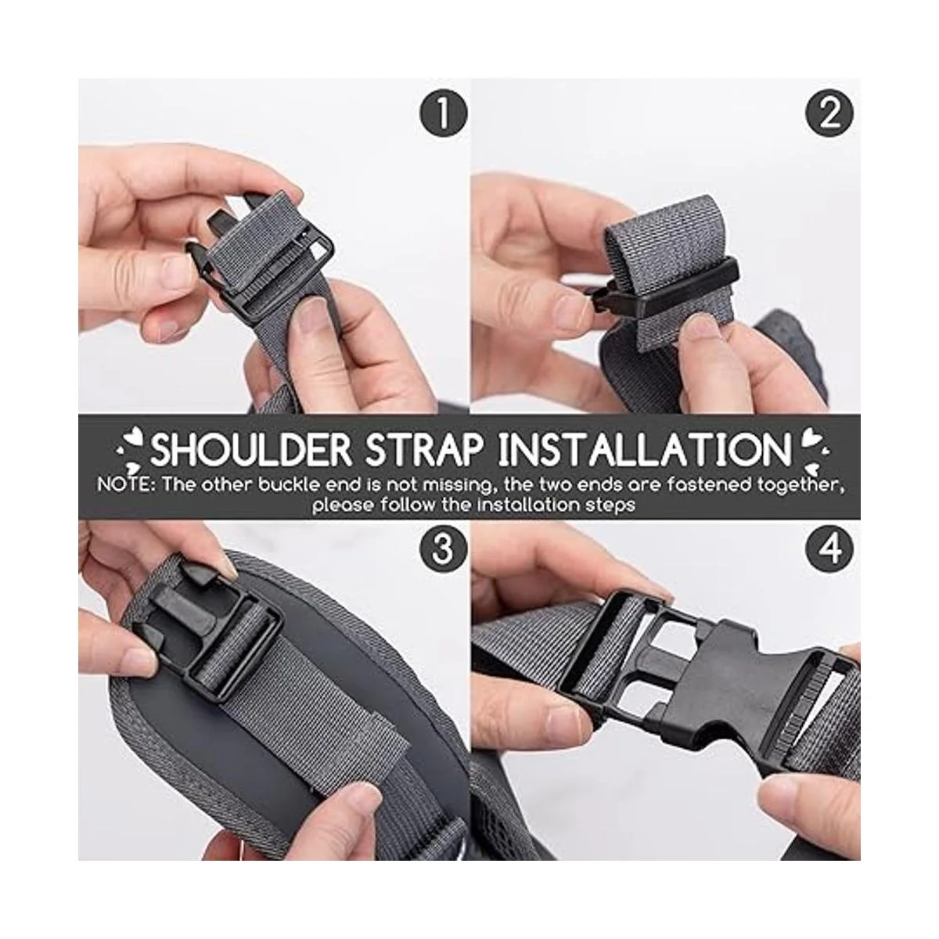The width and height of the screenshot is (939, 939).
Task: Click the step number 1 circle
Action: (x=443, y=113)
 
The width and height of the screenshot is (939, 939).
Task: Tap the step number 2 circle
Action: (x=829, y=113)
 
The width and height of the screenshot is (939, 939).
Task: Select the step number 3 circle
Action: (x=443, y=549)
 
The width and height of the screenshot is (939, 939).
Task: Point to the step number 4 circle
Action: (x=829, y=549)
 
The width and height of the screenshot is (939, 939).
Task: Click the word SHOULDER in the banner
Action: (x=251, y=449)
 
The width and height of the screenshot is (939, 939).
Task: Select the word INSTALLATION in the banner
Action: (x=645, y=449)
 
